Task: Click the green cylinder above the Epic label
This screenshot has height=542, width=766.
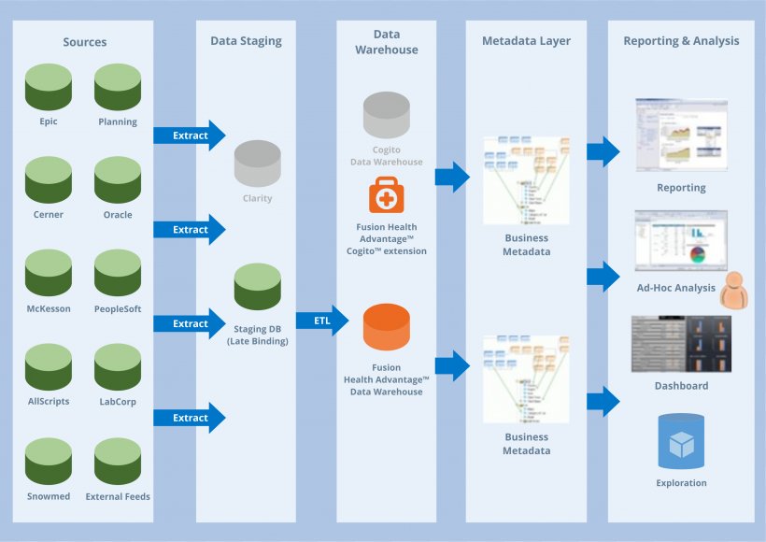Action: (49, 87)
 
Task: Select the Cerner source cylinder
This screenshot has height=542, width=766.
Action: (49, 179)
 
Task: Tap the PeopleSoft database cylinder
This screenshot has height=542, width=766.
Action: (118, 274)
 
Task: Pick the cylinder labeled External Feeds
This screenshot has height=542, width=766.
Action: (118, 462)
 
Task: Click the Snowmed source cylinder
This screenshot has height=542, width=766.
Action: (49, 462)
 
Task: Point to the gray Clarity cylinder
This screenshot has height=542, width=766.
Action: (257, 164)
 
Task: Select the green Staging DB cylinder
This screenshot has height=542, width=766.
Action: (257, 287)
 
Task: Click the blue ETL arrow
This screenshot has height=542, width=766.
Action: (323, 322)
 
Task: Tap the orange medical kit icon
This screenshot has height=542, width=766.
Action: (386, 196)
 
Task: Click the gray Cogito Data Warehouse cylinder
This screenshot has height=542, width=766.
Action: (386, 117)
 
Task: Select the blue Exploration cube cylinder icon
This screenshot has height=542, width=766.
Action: (681, 442)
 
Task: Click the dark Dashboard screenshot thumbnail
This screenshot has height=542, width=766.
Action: (681, 344)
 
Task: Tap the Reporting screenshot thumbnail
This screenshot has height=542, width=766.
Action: (681, 136)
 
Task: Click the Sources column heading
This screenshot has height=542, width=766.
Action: (85, 41)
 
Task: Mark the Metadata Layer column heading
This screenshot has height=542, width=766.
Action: (526, 41)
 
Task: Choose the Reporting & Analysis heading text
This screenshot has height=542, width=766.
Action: (681, 41)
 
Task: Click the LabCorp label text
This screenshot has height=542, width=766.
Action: (118, 402)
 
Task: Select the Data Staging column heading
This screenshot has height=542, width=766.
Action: (246, 41)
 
